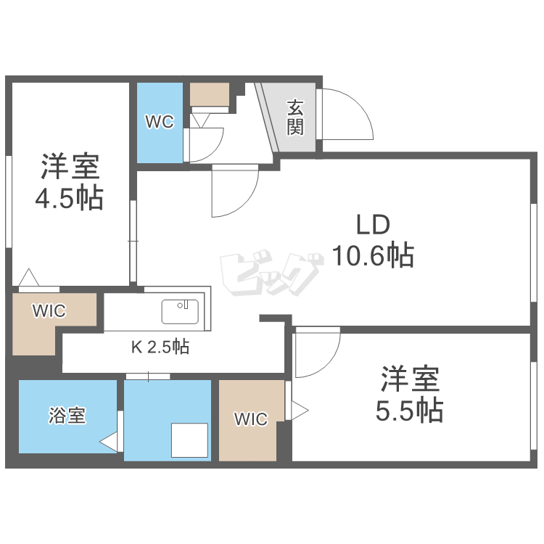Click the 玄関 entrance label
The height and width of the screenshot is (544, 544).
294,118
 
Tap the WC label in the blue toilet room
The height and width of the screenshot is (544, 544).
159,122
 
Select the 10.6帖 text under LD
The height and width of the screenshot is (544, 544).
373,255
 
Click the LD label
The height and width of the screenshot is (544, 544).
373,225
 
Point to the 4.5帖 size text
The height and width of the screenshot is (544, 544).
70,197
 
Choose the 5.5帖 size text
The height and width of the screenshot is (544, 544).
409,411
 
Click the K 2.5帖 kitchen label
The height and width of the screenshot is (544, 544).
160,347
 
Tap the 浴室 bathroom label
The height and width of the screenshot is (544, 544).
67,416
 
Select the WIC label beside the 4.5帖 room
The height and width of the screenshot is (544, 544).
49,311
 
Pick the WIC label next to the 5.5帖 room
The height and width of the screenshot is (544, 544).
250,419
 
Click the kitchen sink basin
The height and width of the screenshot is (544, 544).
180,312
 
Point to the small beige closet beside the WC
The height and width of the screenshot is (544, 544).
209,94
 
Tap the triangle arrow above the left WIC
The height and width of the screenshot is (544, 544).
29,278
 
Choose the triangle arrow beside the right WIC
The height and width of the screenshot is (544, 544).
298,411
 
